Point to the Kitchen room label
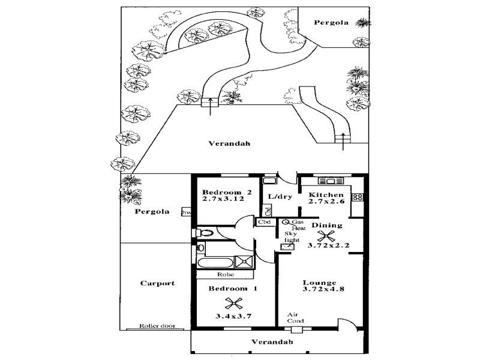326,195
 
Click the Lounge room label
319,283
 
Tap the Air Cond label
292,317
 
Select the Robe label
226,275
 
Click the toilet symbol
204,232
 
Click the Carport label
157,283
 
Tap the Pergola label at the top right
331,22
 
